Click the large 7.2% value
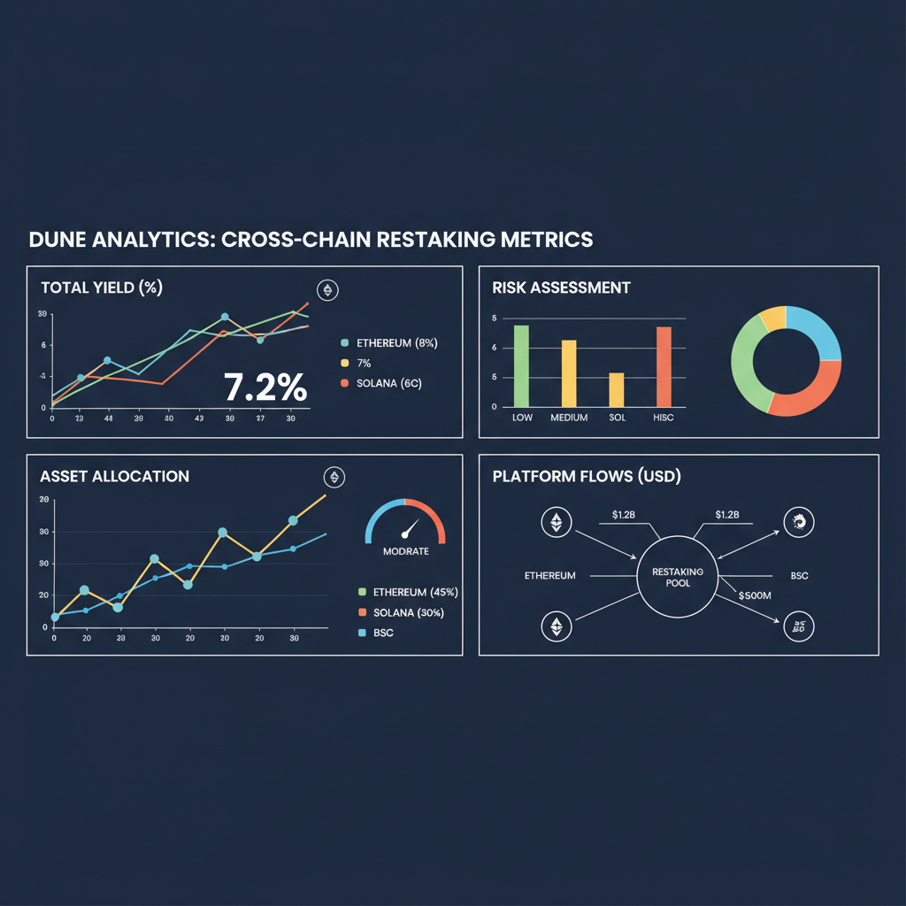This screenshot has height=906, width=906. point(265,388)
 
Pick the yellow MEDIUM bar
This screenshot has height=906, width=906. point(569,373)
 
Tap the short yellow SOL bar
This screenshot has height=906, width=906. point(617,389)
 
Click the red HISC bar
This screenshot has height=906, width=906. point(664,366)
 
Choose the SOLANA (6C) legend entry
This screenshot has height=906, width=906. point(390,383)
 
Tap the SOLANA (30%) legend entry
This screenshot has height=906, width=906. point(408,613)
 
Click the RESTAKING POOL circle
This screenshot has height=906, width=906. point(677,577)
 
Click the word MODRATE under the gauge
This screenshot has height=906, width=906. point(406,551)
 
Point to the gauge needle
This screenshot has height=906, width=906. point(408,531)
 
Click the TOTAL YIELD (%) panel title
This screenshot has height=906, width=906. point(101,288)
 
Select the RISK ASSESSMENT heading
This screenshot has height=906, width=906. point(561,288)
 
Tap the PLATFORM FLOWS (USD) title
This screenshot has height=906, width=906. point(586,476)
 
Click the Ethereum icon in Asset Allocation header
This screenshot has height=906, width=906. point(334,477)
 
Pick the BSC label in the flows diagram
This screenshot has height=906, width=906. point(799,576)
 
